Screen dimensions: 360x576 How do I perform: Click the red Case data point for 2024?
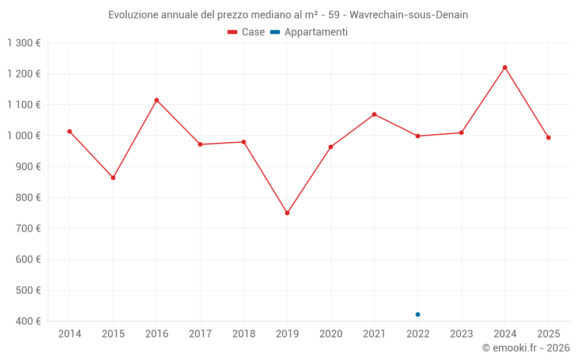pos(505,67)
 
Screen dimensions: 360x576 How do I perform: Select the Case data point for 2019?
pos(287,213)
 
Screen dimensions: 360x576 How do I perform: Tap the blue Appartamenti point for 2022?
pos(418,314)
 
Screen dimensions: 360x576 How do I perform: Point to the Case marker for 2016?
pos(157,100)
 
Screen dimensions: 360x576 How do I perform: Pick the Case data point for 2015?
pos(113,178)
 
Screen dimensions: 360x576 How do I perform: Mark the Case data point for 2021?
pos(374,115)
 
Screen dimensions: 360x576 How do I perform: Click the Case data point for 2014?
pos(70,131)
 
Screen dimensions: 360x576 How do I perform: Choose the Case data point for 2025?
pos(548,138)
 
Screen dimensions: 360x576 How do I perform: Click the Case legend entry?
pos(246,32)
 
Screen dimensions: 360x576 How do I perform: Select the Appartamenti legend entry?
pos(309,32)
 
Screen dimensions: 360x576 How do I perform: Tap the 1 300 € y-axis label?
pos(24,43)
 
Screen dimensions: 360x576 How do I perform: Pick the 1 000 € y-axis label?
pos(24,135)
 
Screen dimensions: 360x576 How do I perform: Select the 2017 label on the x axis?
pos(200,334)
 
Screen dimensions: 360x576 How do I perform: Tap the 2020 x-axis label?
pos(331,334)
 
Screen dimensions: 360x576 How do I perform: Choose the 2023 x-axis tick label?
pos(461,334)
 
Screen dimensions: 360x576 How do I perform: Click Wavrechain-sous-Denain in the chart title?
pos(409,15)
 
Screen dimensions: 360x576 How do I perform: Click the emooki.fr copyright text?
pos(526,348)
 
